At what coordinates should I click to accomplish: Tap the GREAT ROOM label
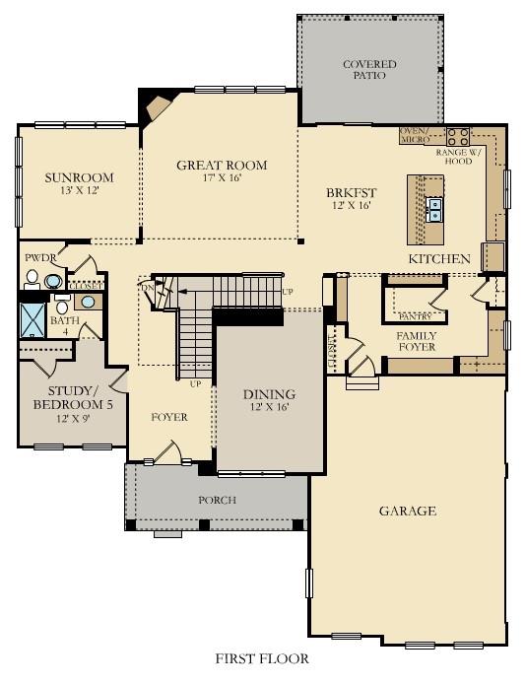click(x=222, y=165)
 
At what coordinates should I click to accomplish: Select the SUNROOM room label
click(x=79, y=178)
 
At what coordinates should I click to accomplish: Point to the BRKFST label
click(x=351, y=193)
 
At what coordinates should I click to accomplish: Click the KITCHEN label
click(x=439, y=258)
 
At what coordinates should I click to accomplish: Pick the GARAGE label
click(x=407, y=511)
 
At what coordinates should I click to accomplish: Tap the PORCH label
click(x=217, y=500)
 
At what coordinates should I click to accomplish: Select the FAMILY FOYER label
click(x=417, y=342)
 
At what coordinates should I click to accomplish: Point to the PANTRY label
click(x=415, y=317)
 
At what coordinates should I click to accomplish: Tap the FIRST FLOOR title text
click(x=262, y=657)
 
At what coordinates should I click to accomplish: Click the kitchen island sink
click(x=434, y=209)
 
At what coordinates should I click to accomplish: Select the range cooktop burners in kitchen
click(x=458, y=137)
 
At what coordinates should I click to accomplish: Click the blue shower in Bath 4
click(x=33, y=320)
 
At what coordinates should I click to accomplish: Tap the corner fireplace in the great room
click(x=157, y=106)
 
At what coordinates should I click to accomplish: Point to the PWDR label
click(x=39, y=258)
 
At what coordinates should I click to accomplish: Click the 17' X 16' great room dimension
click(x=222, y=178)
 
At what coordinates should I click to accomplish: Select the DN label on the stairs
click(x=147, y=288)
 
